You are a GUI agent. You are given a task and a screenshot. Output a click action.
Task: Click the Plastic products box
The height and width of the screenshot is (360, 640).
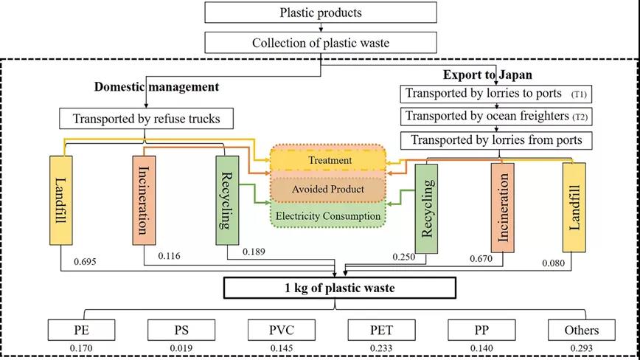tap(320, 13)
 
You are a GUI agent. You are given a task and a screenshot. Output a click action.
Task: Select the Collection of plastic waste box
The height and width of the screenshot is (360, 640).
tap(320, 42)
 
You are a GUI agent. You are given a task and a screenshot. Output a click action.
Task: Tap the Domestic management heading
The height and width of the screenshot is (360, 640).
tap(156, 87)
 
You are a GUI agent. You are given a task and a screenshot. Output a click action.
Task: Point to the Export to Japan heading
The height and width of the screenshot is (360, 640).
tap(477, 75)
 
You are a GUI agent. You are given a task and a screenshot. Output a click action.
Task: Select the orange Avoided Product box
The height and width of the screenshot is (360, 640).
tap(327, 189)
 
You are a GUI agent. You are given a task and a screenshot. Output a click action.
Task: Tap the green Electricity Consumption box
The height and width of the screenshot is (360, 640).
tap(327, 216)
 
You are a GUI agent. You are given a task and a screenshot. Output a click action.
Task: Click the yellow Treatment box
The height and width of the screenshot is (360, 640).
tap(327, 160)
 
